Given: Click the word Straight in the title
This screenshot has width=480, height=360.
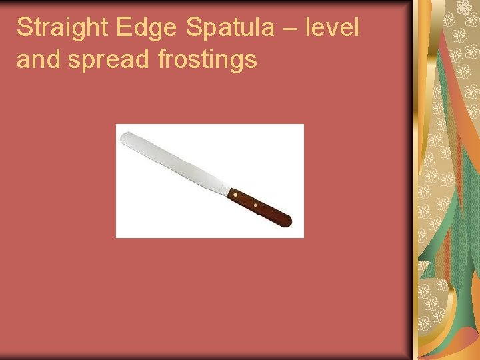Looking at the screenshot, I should pos(62,29).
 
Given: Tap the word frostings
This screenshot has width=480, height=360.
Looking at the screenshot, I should pos(207,61).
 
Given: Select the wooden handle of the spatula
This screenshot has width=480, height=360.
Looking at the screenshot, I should pos(260,205).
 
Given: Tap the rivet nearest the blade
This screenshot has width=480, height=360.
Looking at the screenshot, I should pos(235,195).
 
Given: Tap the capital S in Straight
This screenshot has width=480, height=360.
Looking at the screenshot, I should pos(25,29).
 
